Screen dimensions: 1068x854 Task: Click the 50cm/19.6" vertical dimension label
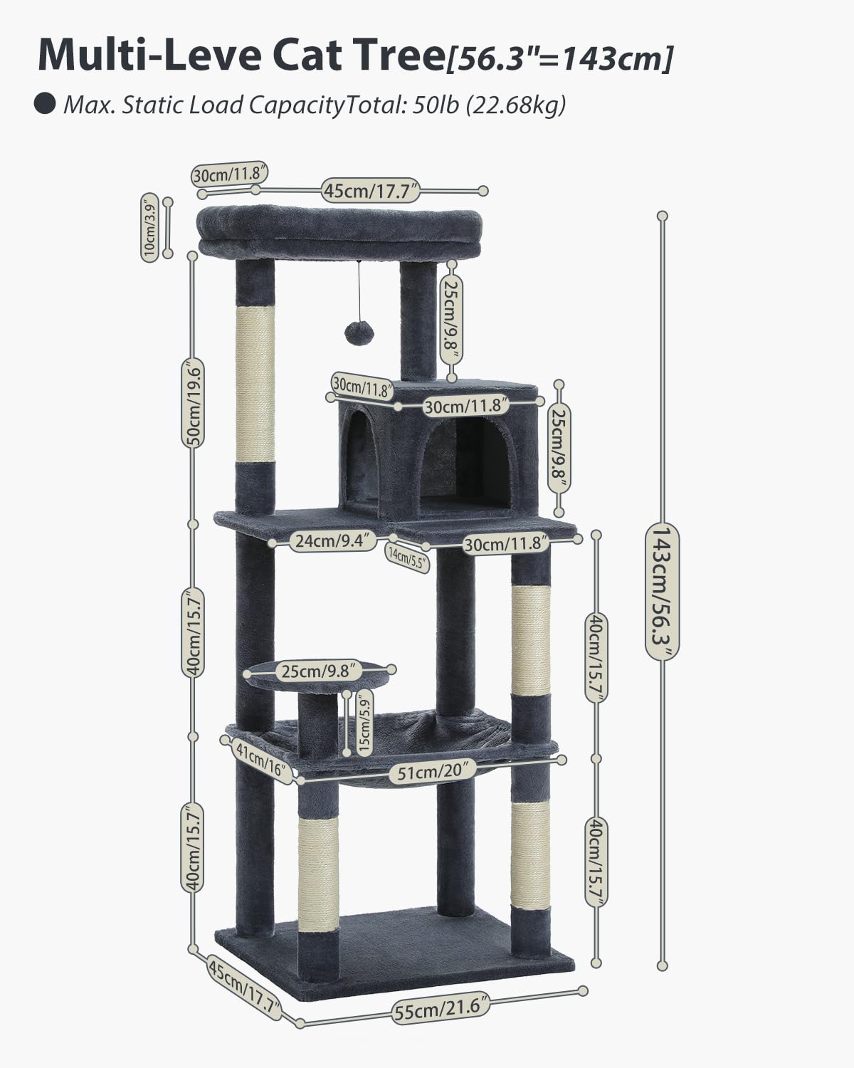(193, 403)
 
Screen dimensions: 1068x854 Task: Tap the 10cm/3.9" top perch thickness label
(150, 229)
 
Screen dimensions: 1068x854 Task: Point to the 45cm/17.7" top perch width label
(370, 191)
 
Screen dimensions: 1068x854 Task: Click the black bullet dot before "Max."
(45, 105)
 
